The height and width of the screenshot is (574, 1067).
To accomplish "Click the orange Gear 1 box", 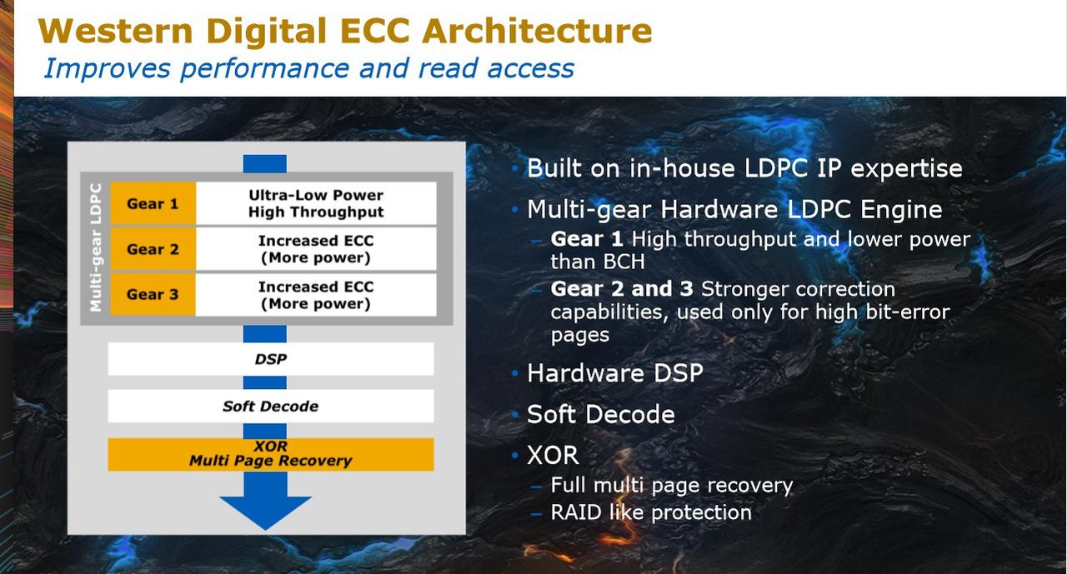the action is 153,203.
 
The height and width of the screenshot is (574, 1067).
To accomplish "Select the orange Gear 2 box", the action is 153,249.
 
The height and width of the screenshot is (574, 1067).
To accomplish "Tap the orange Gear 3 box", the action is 153,294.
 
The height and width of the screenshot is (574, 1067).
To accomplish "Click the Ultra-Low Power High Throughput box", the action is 316,203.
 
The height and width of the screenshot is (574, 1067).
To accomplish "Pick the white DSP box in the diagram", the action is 271,359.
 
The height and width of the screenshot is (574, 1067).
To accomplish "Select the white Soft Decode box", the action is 271,406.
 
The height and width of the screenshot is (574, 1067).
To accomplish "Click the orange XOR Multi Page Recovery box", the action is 271,455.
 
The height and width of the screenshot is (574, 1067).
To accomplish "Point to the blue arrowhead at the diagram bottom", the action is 265,512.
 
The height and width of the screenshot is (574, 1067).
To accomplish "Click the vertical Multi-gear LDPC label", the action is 96,247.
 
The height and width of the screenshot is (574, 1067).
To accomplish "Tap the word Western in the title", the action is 116,31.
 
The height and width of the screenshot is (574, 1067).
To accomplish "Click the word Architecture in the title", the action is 537,31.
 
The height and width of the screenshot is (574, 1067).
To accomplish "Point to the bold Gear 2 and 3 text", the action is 622,289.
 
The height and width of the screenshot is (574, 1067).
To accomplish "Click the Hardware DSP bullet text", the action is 615,372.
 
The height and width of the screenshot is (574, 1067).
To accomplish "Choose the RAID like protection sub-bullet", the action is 651,512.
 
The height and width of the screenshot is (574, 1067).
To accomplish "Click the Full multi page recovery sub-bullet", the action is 672,486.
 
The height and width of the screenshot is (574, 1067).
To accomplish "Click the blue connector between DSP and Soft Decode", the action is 265,382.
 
